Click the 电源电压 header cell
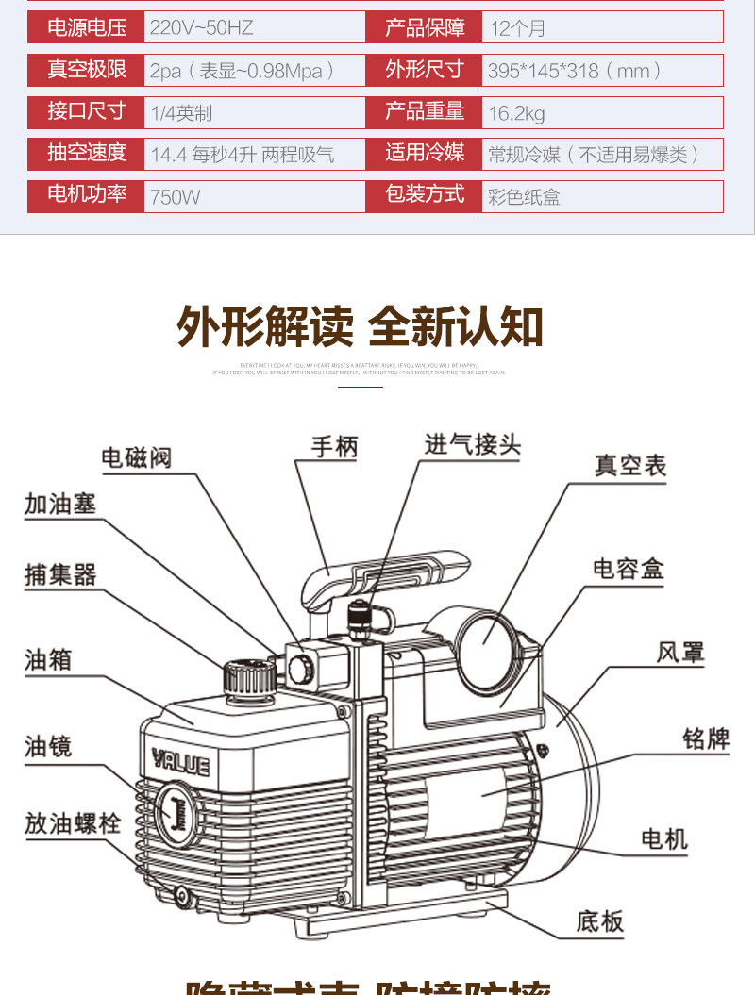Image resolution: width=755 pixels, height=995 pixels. point(86,27)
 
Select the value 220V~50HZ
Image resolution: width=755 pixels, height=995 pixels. point(202,27)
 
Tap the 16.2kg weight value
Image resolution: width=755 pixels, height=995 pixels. point(516,114)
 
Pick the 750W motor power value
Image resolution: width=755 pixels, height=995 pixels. point(176,197)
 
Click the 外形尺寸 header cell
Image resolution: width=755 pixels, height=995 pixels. point(424,70)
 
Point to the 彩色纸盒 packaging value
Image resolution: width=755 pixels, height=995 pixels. point(524,197)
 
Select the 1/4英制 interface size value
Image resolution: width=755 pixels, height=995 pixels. point(181,113)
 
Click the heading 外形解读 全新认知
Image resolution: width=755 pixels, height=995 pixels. point(361,326)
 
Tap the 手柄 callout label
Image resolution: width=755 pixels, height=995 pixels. point(334,447)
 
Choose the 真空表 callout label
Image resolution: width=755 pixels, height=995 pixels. point(629,465)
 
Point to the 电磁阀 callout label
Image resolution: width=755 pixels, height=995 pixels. point(136,458)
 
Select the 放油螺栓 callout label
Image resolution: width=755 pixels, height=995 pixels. point(73,822)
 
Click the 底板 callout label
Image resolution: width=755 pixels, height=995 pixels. point(600,920)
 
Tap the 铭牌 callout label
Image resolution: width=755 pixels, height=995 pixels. point(706,738)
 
